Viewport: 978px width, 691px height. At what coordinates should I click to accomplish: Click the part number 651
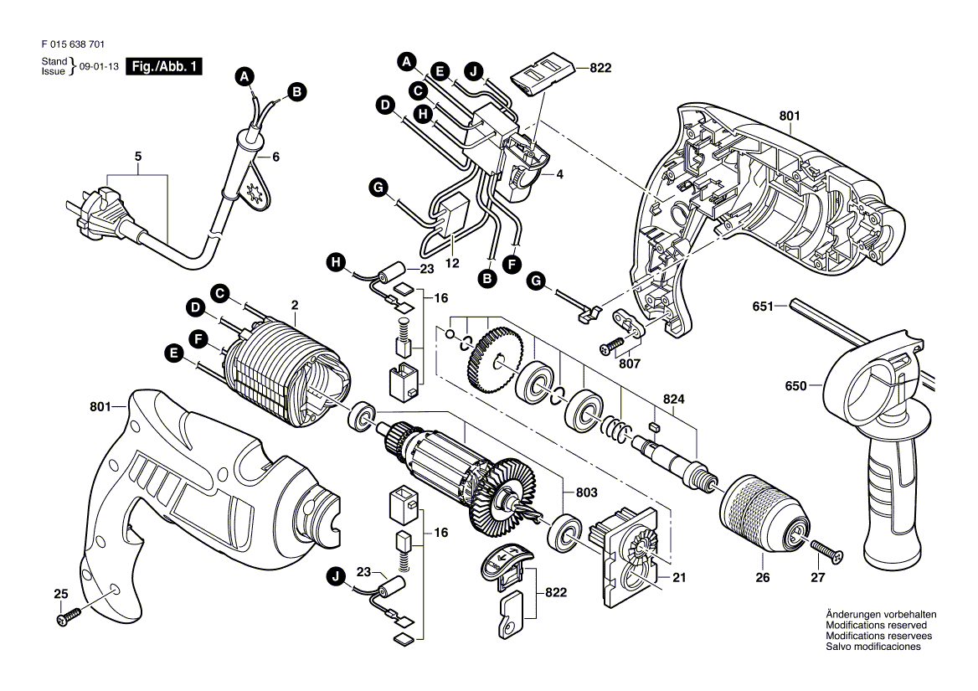pos(762,307)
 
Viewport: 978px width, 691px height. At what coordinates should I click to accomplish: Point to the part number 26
pos(762,577)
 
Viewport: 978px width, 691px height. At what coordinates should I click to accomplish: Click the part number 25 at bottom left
pos(59,594)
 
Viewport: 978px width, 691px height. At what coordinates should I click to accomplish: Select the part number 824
pos(674,400)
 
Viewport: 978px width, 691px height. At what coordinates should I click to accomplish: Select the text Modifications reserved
pos(876,626)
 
